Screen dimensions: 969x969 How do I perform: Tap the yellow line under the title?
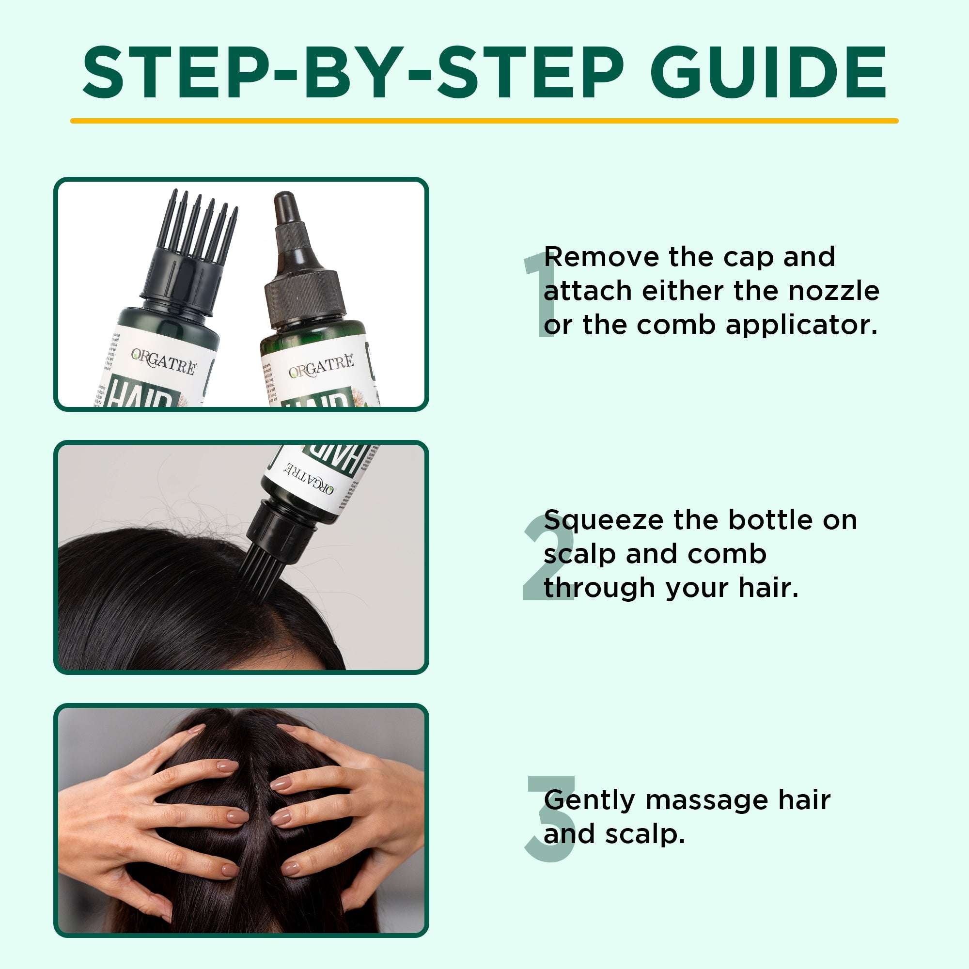pyautogui.click(x=484, y=121)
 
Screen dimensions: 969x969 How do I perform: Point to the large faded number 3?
pyautogui.click(x=549, y=820)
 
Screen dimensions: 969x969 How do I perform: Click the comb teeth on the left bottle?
pyautogui.click(x=203, y=220)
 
